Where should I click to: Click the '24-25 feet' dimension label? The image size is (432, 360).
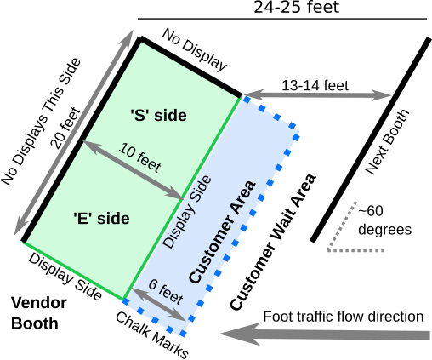tap(296, 7)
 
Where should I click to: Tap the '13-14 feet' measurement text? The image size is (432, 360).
tap(315, 85)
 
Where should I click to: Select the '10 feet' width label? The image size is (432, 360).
tap(140, 157)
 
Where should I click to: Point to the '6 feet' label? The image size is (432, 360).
tap(166, 292)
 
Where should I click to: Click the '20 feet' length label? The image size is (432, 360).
tap(65, 129)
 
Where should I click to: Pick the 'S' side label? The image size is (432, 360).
tap(158, 116)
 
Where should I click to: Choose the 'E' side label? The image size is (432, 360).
tap(101, 219)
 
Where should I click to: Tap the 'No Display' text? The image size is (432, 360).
tap(195, 50)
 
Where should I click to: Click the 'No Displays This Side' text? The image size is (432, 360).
tap(41, 122)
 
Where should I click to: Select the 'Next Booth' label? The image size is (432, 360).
tap(387, 142)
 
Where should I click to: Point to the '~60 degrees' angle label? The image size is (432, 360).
tap(384, 220)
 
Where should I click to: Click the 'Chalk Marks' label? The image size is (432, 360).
tap(152, 335)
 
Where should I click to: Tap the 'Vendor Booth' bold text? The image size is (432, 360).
tap(39, 313)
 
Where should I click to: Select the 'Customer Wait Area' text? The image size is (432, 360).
tap(273, 242)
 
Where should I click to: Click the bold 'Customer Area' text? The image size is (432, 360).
tap(223, 231)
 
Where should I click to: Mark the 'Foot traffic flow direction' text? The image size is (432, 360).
tap(344, 317)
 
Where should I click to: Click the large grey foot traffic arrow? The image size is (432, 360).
tap(325, 334)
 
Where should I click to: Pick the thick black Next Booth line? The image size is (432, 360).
tap(371, 140)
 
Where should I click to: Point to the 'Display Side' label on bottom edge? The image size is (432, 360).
tap(65, 277)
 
